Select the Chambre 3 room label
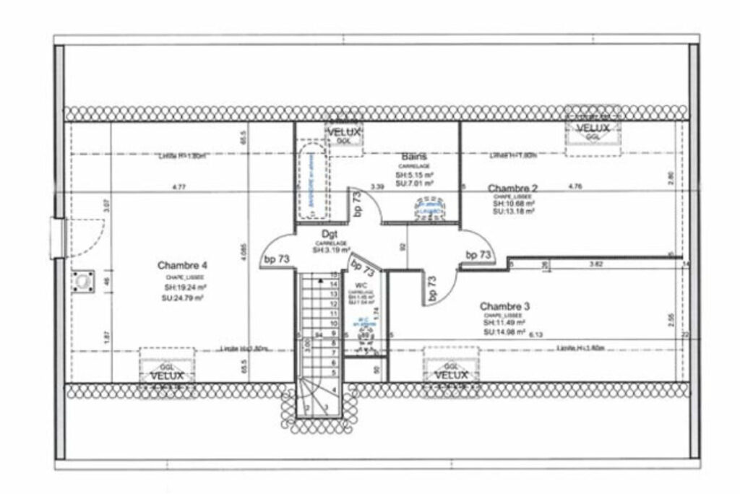pos(505,305)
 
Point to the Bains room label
pos(414,156)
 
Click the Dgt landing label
pos(330,234)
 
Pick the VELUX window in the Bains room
pos(343,134)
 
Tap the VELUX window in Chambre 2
pos(592,129)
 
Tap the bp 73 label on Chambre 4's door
pos(276,259)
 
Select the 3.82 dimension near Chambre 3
pos(595,264)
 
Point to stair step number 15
pos(334,275)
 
